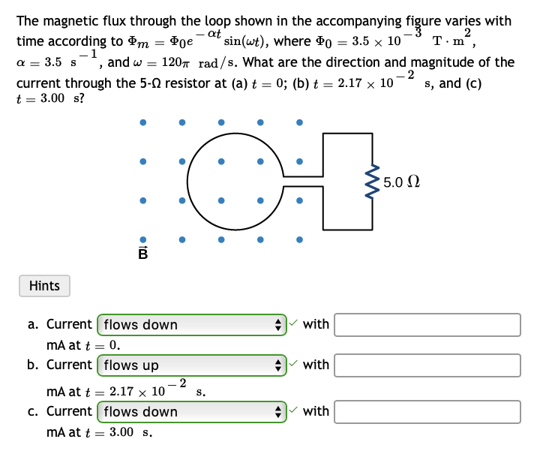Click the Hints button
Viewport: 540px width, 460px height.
click(44, 286)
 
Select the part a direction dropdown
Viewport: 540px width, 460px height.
click(192, 325)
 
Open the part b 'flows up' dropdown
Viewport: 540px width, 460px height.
click(192, 365)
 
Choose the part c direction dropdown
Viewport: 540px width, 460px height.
click(192, 411)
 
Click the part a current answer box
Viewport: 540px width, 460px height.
click(427, 325)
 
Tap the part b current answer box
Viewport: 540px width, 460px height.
click(427, 365)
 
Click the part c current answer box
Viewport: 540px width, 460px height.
click(427, 411)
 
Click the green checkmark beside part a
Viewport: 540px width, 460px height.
click(294, 324)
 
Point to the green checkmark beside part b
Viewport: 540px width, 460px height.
click(294, 365)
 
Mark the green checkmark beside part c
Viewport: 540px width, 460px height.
click(294, 410)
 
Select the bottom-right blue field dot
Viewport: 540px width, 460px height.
click(298, 240)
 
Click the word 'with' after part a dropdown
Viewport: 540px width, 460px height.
click(316, 324)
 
